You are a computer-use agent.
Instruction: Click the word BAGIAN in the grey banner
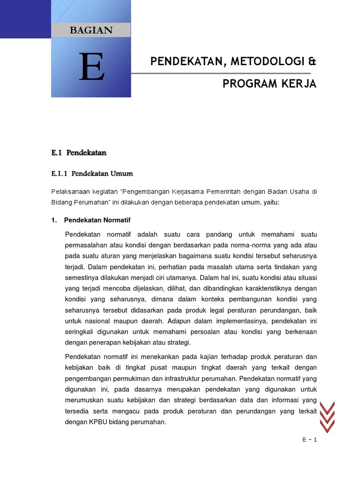point(91,30)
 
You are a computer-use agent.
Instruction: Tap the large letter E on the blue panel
point(91,67)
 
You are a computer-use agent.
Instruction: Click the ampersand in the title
point(313,61)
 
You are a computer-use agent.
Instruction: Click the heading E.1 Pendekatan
point(79,153)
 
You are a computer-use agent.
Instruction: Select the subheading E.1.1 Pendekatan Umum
point(92,173)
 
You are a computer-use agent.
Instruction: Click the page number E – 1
point(310,439)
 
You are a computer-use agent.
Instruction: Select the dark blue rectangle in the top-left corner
point(25,19)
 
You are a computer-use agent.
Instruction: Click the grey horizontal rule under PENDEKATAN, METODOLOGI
point(220,73)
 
